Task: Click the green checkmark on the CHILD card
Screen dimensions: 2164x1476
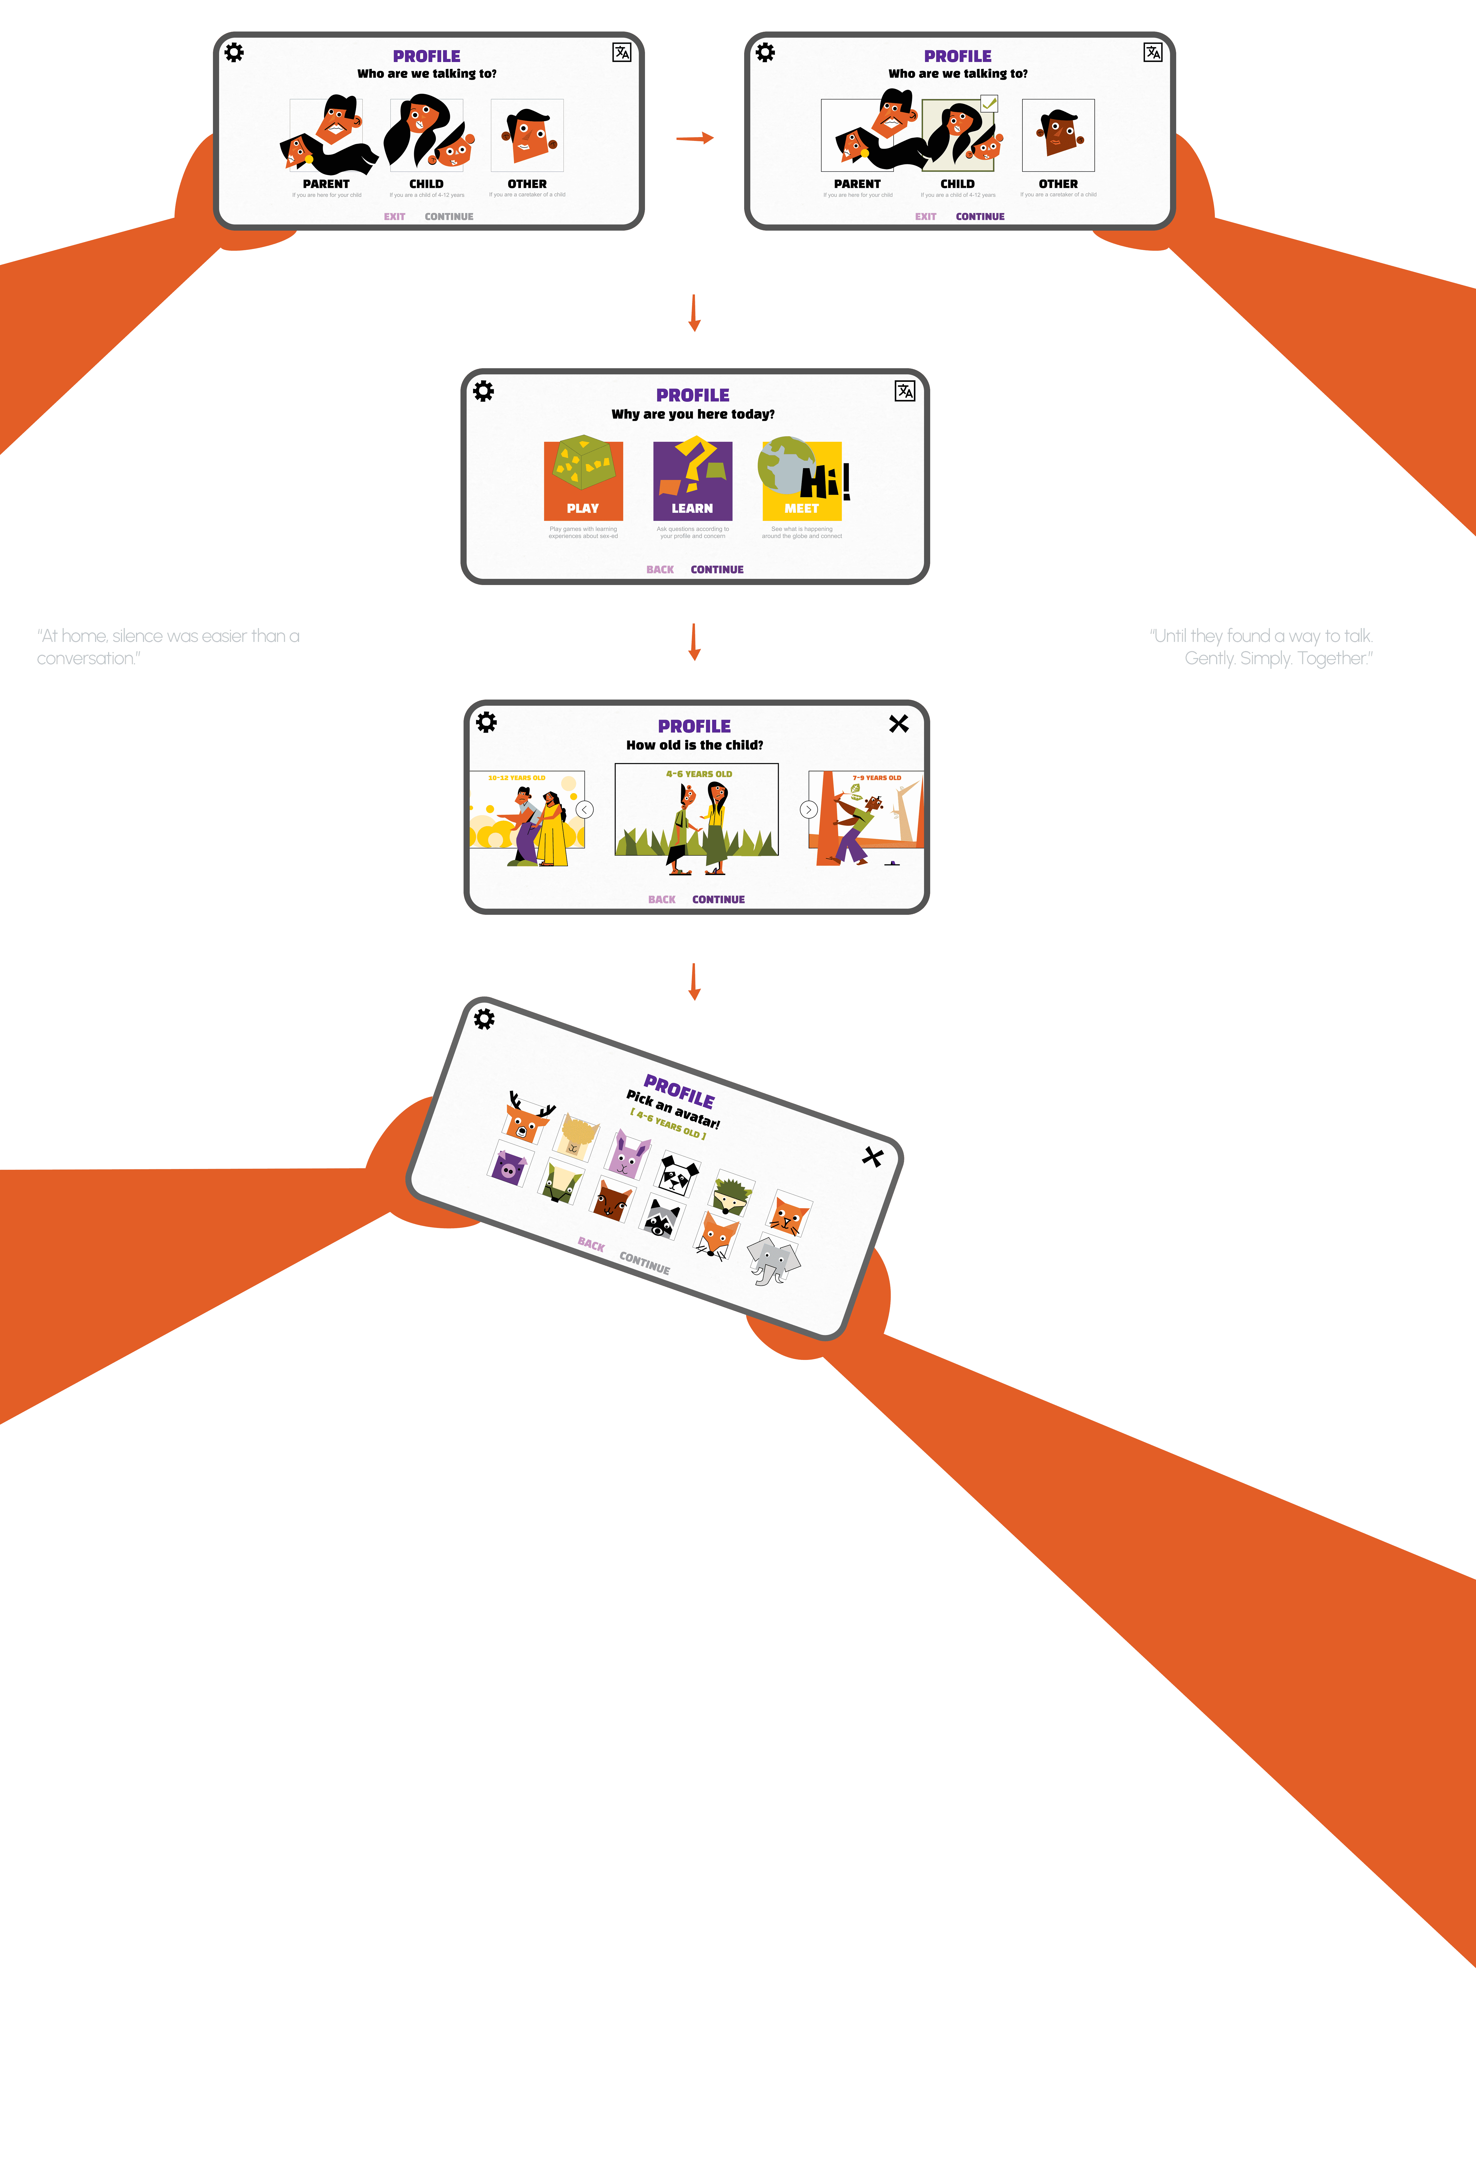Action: tap(989, 104)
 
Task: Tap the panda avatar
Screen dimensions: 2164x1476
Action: tap(679, 1173)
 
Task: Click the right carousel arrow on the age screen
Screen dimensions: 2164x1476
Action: tap(808, 809)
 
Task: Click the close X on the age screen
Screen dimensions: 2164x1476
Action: tap(899, 723)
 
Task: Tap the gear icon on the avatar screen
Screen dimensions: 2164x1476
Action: tap(484, 1019)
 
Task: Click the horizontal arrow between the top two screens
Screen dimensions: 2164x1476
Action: tap(695, 138)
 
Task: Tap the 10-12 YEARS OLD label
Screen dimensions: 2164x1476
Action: tap(517, 777)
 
